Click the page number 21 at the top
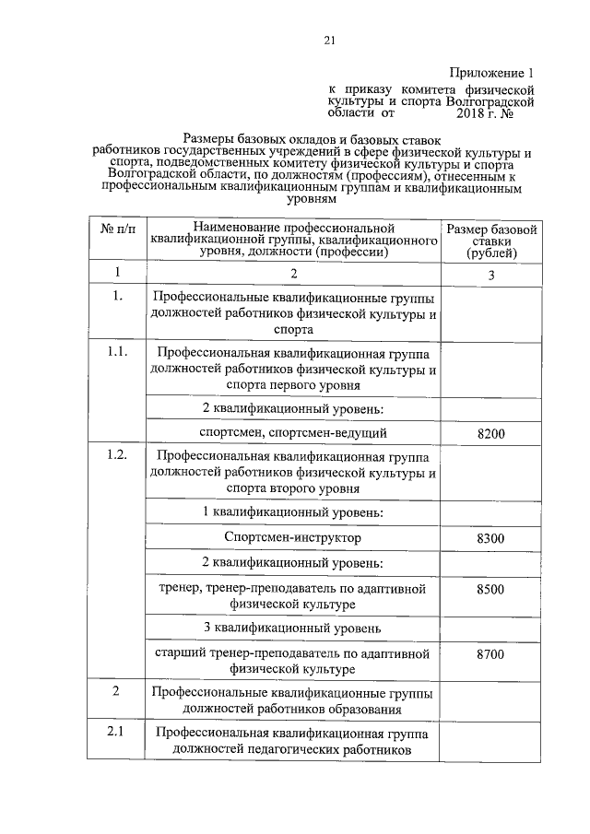[x=328, y=39]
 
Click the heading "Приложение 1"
[x=491, y=72]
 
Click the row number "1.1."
[x=117, y=353]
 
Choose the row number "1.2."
[x=117, y=456]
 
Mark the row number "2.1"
[x=117, y=733]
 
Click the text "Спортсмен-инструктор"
[x=293, y=537]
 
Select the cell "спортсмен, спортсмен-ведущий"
[x=293, y=432]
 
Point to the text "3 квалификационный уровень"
[x=293, y=628]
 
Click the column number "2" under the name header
[x=293, y=274]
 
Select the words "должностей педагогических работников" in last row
[x=293, y=751]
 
